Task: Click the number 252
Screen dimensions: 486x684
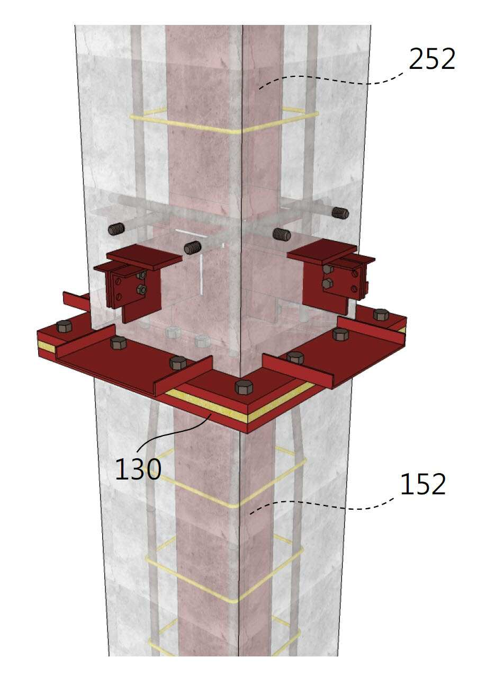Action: [431, 59]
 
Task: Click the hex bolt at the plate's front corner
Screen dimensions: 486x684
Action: [244, 387]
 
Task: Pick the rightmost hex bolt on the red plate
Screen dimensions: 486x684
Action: [381, 315]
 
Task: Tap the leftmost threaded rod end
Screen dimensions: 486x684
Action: [116, 229]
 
